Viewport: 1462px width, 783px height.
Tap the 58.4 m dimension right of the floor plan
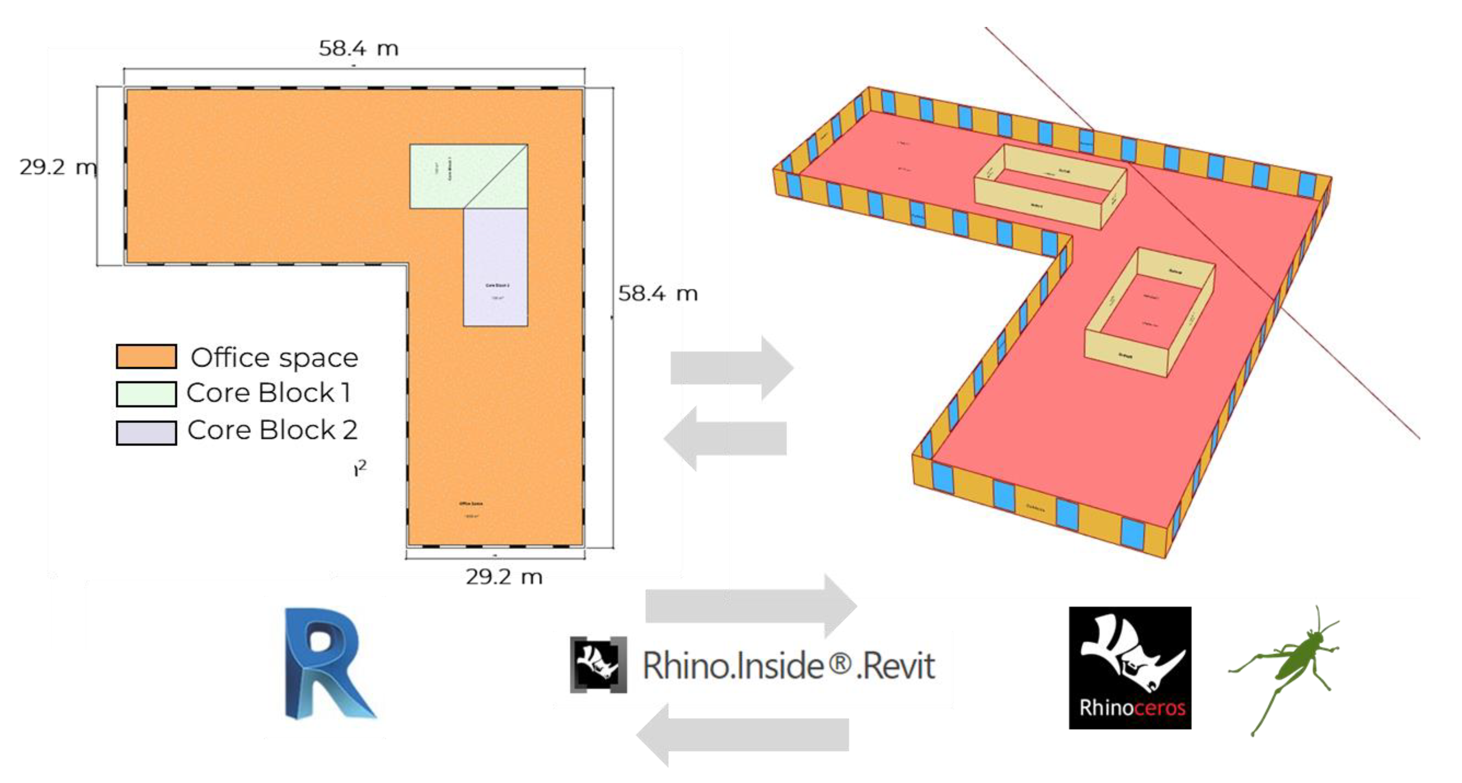pyautogui.click(x=657, y=293)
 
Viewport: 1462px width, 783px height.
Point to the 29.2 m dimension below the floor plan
pyautogui.click(x=504, y=576)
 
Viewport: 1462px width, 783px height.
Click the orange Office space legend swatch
pyautogui.click(x=146, y=356)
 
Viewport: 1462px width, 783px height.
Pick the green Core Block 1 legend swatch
pyautogui.click(x=146, y=394)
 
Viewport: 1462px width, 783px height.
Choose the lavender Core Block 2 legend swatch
pyautogui.click(x=146, y=432)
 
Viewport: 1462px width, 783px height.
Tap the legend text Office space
pyautogui.click(x=274, y=357)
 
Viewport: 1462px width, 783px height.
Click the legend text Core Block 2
pyautogui.click(x=272, y=430)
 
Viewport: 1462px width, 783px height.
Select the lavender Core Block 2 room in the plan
pyautogui.click(x=495, y=267)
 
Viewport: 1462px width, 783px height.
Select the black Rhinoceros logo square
pyautogui.click(x=1129, y=667)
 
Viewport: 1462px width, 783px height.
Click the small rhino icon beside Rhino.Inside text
pyautogui.click(x=598, y=664)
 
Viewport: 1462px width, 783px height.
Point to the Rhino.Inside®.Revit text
pyautogui.click(x=788, y=665)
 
